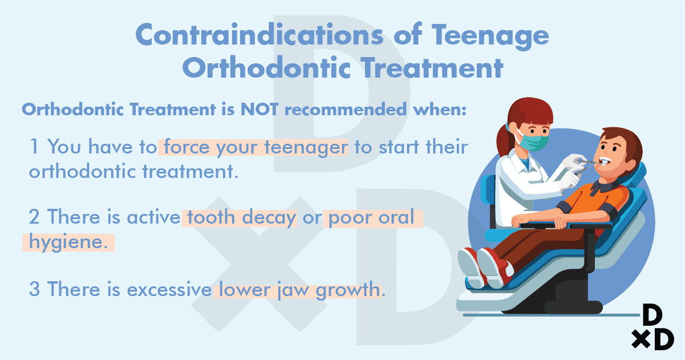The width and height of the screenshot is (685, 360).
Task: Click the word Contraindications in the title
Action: (260, 35)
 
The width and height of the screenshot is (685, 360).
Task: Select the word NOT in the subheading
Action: (260, 109)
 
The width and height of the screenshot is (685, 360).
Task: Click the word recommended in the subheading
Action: (346, 109)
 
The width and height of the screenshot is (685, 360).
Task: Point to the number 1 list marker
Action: (34, 147)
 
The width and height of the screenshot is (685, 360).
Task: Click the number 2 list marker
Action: (34, 217)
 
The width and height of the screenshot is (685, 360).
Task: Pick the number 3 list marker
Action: (34, 289)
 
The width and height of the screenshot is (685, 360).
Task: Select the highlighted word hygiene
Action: (68, 242)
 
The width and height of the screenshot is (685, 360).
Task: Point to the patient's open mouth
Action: (605, 161)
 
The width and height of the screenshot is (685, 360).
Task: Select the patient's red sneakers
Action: (485, 268)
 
